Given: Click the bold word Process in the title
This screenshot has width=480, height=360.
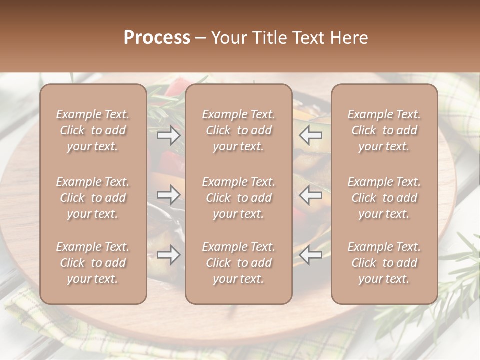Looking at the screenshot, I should (x=157, y=38).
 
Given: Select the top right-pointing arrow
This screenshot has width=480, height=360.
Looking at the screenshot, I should (x=169, y=135).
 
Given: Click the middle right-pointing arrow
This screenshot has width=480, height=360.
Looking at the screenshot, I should (x=169, y=195).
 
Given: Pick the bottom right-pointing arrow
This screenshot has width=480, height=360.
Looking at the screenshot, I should (x=169, y=255).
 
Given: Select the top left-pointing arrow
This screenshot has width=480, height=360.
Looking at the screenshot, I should (x=311, y=135).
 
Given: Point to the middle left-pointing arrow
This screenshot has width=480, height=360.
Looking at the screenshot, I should (x=311, y=195).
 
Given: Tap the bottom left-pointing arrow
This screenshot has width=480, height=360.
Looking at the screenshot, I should (x=311, y=255).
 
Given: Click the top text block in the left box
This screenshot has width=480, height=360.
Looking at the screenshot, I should (x=93, y=130).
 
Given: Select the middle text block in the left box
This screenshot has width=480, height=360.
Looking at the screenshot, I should (x=93, y=198).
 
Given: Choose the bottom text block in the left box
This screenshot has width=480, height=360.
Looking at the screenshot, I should (x=93, y=263).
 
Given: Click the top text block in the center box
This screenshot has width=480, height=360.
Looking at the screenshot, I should (x=238, y=130).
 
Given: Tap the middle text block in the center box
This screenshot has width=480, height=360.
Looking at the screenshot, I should (x=238, y=198).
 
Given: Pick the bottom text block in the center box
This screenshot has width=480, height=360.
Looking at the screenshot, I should (x=238, y=263).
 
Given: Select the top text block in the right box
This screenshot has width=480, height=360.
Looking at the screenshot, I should (x=384, y=130).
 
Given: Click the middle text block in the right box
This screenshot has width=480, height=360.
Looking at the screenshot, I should (x=384, y=198).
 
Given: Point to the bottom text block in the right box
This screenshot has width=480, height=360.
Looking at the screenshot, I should (x=384, y=263).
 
